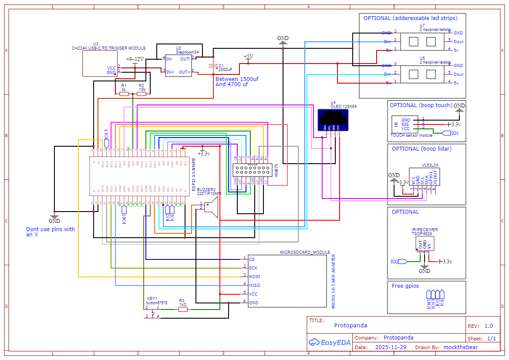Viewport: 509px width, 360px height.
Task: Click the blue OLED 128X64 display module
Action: (334, 120)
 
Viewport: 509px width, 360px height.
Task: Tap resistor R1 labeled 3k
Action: (124, 94)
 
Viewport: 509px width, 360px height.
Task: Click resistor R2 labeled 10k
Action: (142, 94)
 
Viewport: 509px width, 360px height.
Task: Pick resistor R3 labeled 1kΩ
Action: (183, 310)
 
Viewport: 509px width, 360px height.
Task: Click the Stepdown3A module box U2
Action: (178, 65)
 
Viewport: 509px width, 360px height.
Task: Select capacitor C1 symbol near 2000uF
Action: (213, 66)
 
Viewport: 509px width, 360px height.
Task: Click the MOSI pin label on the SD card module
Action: (255, 277)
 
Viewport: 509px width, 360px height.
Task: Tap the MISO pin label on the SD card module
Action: (255, 286)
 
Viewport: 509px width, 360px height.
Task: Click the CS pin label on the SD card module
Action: (252, 259)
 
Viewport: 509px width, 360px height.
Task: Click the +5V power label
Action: (248, 57)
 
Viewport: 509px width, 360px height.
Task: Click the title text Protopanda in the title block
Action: (351, 325)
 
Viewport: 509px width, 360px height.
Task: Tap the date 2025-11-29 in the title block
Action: (391, 347)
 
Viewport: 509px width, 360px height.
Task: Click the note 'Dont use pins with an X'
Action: (51, 232)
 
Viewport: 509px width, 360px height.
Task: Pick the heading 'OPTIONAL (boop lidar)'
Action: (421, 149)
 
